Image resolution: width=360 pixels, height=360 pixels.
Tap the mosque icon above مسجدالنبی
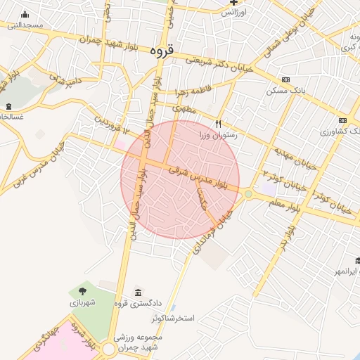point(25,15)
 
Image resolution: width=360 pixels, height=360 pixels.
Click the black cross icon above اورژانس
point(234,3)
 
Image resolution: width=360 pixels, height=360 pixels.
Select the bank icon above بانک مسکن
point(285,80)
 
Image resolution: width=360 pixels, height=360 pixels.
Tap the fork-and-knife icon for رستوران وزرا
point(219,124)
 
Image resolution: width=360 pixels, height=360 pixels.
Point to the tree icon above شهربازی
point(83,289)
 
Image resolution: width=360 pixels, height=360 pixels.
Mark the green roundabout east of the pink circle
point(248,193)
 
